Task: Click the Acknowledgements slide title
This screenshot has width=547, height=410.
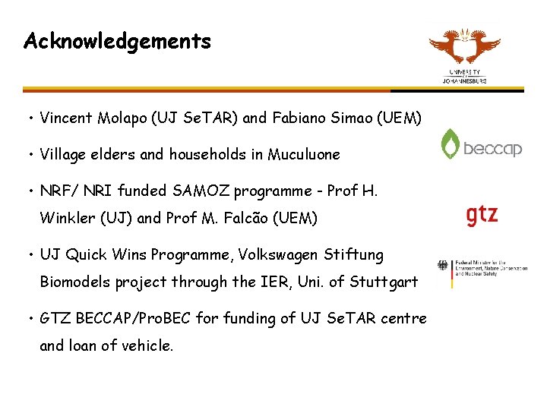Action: [117, 41]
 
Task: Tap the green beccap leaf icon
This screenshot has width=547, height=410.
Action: [451, 144]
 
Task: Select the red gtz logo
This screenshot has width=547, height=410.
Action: [482, 215]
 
